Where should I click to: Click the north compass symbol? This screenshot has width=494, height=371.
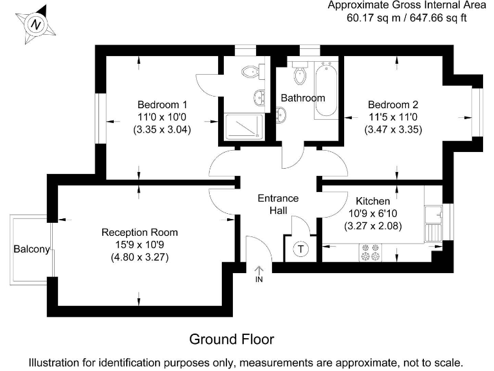[x=35, y=24]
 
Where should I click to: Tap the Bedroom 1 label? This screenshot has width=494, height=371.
[x=162, y=104]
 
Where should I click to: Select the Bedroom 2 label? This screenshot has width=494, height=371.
[x=393, y=104]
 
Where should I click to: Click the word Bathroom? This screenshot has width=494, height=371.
[x=303, y=98]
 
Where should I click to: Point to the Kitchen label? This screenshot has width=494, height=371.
[x=372, y=201]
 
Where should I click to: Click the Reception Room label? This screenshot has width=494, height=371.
[x=140, y=233]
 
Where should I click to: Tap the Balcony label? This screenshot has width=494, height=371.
[x=32, y=249]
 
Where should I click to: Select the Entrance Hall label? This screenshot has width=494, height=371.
[x=278, y=204]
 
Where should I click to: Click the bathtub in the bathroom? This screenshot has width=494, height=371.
[x=326, y=90]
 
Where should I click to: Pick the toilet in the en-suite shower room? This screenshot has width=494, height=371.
[x=253, y=71]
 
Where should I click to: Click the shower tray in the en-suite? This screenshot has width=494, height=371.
[x=244, y=127]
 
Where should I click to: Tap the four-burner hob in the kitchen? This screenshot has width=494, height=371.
[x=370, y=252]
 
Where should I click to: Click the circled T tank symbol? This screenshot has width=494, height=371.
[x=301, y=249]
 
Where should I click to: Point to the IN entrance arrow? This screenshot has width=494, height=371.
[x=259, y=274]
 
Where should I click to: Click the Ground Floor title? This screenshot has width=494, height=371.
[x=232, y=339]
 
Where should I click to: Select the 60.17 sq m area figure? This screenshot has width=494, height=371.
[x=373, y=17]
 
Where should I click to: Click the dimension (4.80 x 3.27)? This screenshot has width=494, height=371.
[x=140, y=258]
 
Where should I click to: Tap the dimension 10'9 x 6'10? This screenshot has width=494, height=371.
[x=372, y=214]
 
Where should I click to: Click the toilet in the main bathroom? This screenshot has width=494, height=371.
[x=300, y=73]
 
